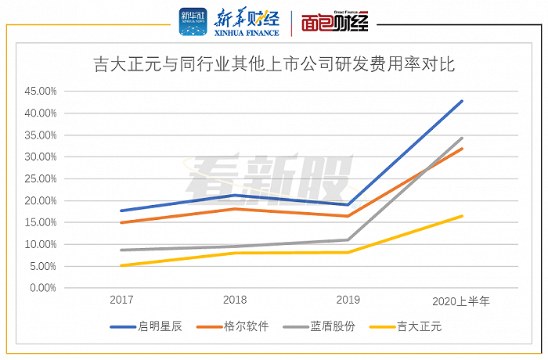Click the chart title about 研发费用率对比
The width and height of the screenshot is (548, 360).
pos(274,64)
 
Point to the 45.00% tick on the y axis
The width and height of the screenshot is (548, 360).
pos(41,91)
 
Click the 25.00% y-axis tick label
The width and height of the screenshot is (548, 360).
pos(41,178)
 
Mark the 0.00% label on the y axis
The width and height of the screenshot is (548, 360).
pos(43,288)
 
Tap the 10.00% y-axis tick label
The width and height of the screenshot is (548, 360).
pos(41,244)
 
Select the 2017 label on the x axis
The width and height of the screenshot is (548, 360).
pos(121,301)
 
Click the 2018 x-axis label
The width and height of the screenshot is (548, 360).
pos(235,301)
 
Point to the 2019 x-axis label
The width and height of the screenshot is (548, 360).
pos(348,301)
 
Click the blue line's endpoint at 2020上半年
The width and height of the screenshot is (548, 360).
pos(462,101)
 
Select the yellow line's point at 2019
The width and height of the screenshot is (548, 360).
pos(348,252)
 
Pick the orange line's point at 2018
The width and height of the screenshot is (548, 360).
pos(235,209)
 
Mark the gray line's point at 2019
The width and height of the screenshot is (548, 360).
pos(348,239)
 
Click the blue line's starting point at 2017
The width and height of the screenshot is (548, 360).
pos(121,211)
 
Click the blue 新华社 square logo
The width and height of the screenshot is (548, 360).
pos(193,21)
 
